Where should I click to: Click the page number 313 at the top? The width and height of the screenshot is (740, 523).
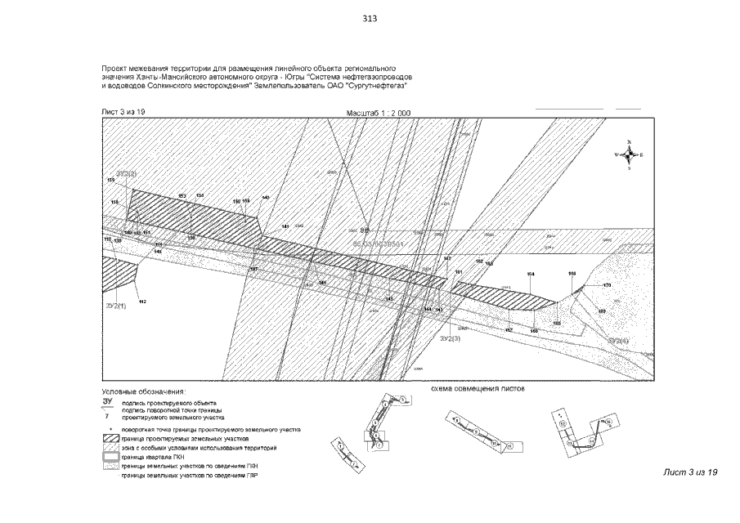[x=369, y=20]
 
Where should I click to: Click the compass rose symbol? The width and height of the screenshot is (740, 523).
[x=629, y=154]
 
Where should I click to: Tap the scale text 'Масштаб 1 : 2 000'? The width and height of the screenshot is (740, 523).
[x=378, y=112]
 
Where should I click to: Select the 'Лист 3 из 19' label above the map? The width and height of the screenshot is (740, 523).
[x=123, y=111]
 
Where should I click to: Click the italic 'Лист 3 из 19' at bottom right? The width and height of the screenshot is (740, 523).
[x=690, y=473]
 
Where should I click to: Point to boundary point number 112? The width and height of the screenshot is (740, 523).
[x=142, y=302]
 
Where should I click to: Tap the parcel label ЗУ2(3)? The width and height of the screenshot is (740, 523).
[x=451, y=337]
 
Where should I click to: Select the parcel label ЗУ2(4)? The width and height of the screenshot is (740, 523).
[x=618, y=339]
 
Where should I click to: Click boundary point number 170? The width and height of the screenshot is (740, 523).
[x=607, y=285]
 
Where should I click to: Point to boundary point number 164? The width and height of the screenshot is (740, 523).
[x=531, y=273]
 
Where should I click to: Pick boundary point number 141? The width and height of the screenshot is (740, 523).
[x=285, y=226]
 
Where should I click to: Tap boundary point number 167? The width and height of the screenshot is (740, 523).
[x=253, y=269]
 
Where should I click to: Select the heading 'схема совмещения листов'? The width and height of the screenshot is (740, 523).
[x=478, y=389]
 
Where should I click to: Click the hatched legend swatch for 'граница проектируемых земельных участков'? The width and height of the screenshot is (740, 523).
[x=110, y=439]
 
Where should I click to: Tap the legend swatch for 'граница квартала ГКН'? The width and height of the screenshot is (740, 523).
[x=110, y=457]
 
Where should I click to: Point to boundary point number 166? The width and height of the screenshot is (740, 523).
[x=533, y=331]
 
